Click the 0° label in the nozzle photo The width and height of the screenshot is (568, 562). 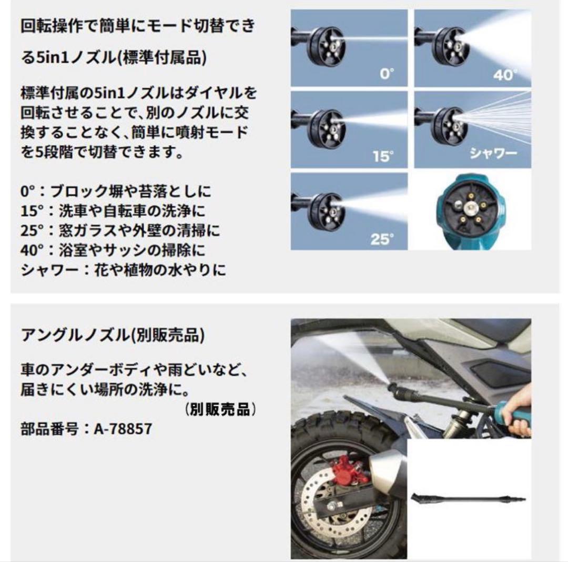387,74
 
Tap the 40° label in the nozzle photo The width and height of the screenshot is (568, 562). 503,75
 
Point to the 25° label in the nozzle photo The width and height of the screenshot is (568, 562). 382,240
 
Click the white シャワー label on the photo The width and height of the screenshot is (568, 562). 493,154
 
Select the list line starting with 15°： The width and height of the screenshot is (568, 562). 113,210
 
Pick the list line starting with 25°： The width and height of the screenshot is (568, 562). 120,230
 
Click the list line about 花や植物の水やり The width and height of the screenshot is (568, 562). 123,270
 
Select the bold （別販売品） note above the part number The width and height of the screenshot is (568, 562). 221,409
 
